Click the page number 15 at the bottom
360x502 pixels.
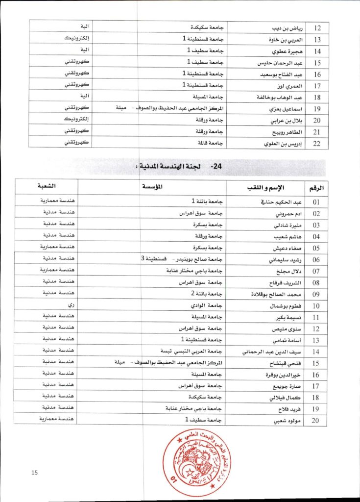pos(35,473)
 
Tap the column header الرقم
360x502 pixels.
pos(317,188)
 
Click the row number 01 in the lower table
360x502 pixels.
pos(317,201)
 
